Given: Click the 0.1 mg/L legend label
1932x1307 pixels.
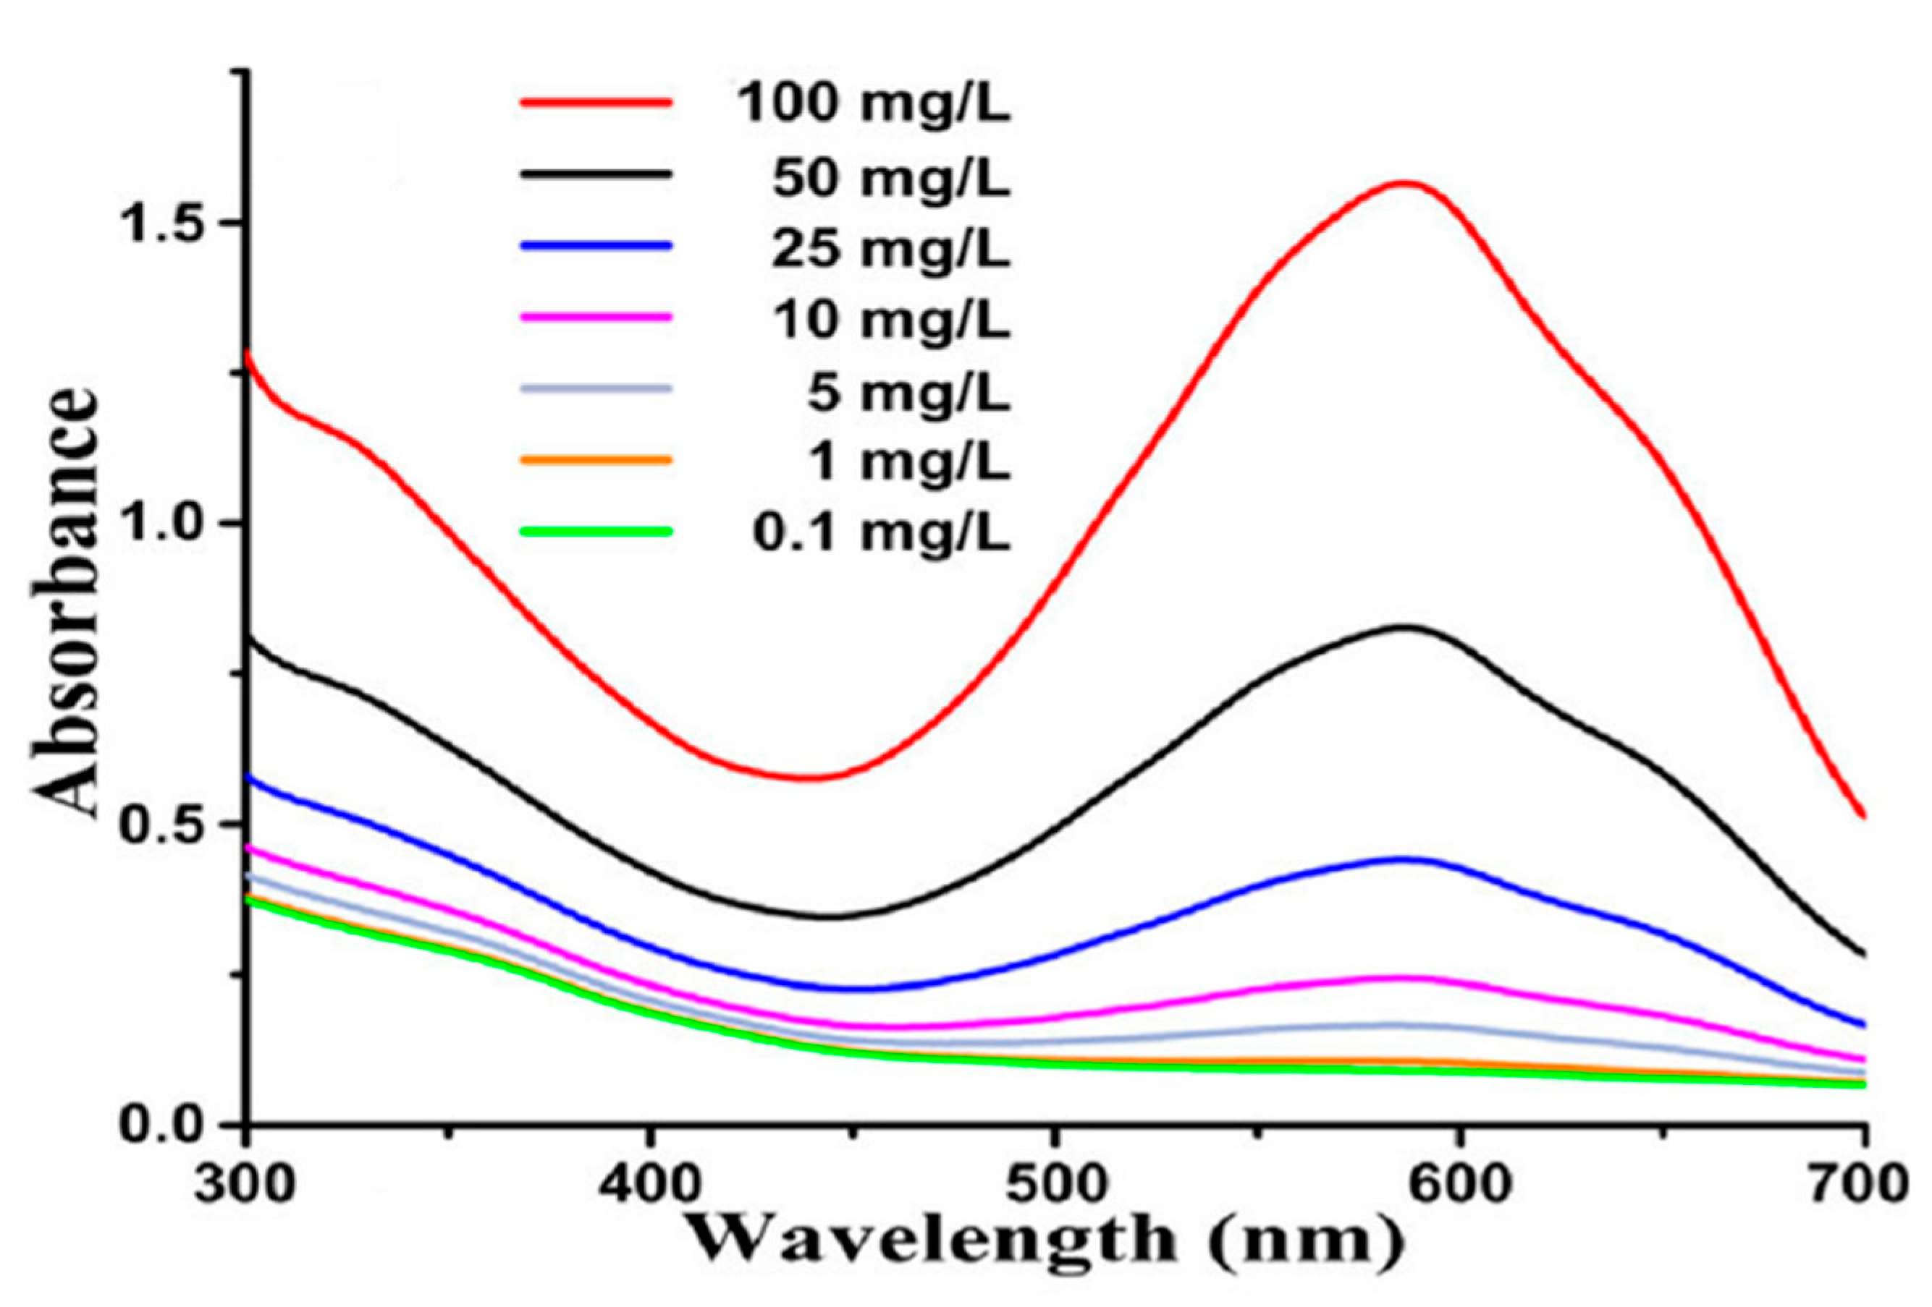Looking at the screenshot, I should [x=881, y=534].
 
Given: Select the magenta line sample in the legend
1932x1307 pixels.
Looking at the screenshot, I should [x=595, y=317].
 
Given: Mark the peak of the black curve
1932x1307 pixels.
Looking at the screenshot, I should [x=1405, y=626].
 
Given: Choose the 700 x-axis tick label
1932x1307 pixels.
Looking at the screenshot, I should [x=1863, y=1183].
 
